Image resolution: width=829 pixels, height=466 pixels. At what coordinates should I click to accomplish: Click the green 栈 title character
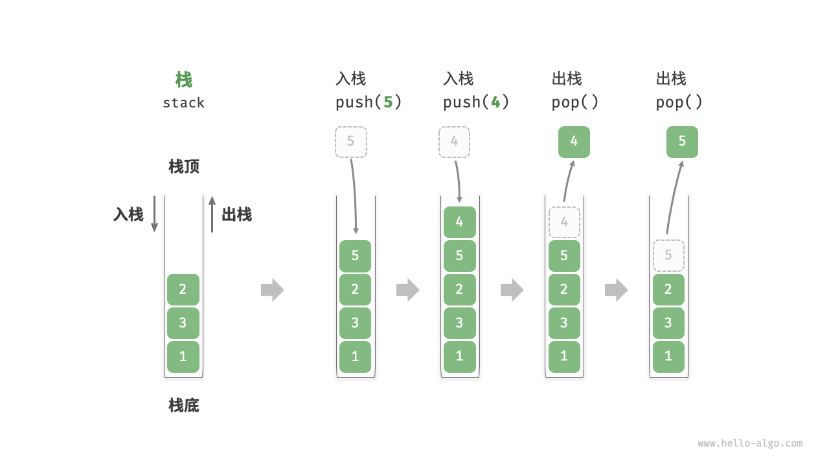(184, 80)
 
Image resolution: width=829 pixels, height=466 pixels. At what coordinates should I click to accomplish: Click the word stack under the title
(184, 103)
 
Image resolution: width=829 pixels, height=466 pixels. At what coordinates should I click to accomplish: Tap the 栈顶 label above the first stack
(184, 166)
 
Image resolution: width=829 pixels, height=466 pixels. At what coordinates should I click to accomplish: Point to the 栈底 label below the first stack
(184, 406)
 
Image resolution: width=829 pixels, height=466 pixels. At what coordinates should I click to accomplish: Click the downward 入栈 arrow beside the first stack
(154, 214)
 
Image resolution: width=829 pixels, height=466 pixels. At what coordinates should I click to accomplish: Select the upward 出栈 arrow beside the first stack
(212, 214)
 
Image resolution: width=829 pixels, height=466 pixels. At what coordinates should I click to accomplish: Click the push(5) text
(369, 102)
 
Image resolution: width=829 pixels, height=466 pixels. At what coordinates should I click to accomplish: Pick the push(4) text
(476, 102)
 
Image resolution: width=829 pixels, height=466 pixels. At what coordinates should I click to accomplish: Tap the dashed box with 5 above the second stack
(351, 142)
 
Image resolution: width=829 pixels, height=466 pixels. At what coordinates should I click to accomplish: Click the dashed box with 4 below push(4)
(455, 142)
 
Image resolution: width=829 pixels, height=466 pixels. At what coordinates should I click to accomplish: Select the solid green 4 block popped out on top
(574, 142)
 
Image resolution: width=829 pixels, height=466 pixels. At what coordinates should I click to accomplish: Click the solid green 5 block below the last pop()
(682, 142)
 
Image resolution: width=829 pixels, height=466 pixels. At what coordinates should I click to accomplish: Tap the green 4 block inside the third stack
(460, 222)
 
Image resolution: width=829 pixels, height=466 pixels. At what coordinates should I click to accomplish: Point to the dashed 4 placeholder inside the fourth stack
(564, 222)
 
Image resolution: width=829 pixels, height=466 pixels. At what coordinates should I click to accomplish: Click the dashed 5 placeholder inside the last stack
(668, 256)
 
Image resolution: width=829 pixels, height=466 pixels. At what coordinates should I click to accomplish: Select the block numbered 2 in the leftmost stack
(183, 289)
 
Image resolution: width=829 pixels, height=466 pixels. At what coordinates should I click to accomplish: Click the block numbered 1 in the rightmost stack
(668, 357)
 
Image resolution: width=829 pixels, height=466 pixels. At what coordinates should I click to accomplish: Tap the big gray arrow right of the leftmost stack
(273, 289)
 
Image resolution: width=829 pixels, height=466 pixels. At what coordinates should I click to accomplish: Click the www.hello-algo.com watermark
(750, 443)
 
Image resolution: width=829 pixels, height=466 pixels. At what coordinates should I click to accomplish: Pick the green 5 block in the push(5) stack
(356, 256)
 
